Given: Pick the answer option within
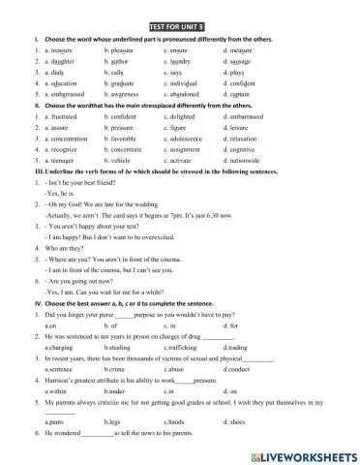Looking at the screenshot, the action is coord(56,390).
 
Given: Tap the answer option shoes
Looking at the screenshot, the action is coord(236,423).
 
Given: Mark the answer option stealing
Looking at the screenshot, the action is coord(119,346).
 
